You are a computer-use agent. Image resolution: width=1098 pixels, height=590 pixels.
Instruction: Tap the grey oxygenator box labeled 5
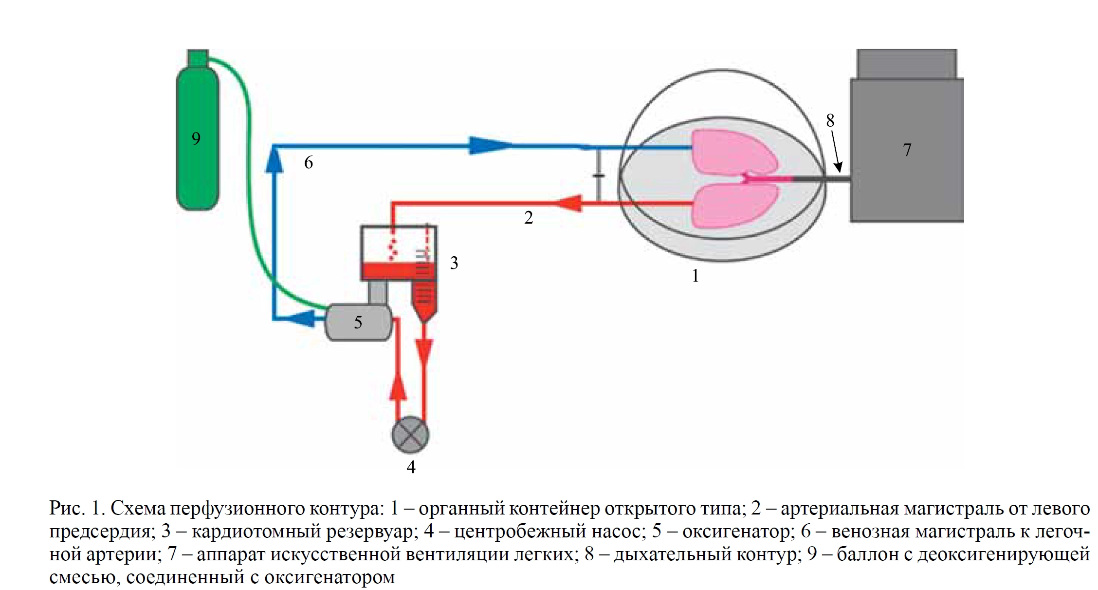pyautogui.click(x=359, y=322)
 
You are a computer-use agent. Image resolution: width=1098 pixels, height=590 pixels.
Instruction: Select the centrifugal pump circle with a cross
pyautogui.click(x=410, y=435)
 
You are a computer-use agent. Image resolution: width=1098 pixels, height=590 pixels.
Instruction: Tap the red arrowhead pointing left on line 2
pyautogui.click(x=569, y=203)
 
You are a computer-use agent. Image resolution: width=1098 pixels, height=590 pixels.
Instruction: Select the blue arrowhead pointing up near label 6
pyautogui.click(x=274, y=161)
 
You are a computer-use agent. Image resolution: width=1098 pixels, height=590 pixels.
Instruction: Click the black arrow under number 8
pyautogui.click(x=838, y=156)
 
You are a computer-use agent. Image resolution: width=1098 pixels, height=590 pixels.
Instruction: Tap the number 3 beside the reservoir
pyautogui.click(x=454, y=263)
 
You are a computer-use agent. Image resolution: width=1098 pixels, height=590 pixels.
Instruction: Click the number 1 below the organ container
pyautogui.click(x=695, y=276)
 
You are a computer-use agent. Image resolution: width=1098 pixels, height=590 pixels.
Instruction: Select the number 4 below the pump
pyautogui.click(x=411, y=467)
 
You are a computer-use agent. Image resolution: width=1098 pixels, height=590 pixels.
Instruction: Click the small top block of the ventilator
pyautogui.click(x=906, y=63)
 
